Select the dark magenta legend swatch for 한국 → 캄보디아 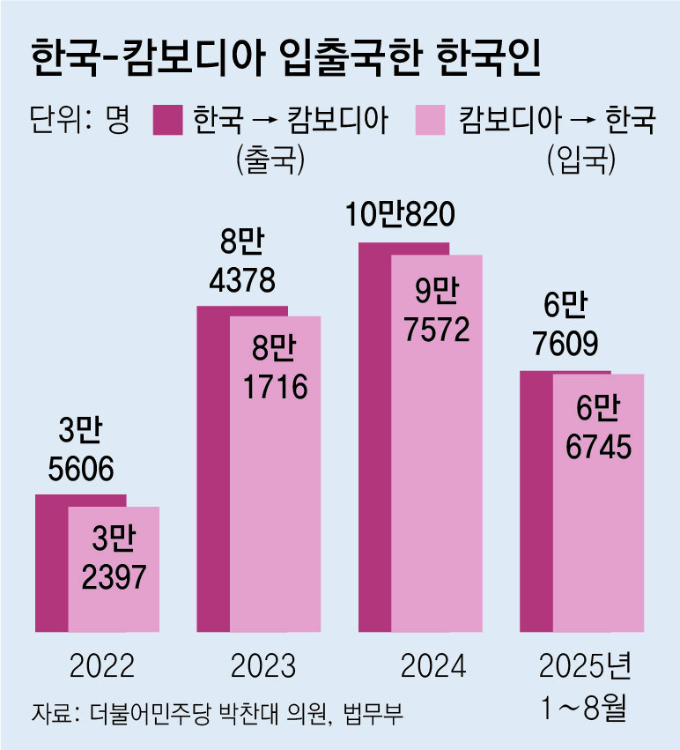(167, 121)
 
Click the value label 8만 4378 (243, 261)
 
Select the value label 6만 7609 (565, 323)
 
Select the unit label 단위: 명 (79, 121)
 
